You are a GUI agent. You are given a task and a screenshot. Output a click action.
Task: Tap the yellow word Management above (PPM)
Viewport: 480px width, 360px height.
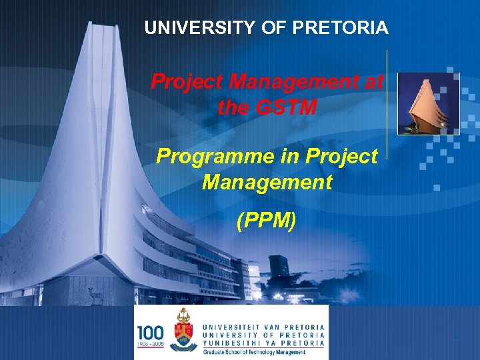pos(267,181)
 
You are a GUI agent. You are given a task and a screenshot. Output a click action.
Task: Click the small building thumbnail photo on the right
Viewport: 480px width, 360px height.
pos(428,104)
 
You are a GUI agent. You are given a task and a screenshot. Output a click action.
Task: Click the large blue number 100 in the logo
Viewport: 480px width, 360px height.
pos(150,331)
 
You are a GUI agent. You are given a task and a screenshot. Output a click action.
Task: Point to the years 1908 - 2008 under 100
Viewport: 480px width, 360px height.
pos(150,343)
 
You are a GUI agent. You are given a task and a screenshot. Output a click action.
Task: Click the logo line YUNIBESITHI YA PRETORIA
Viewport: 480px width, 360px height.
pos(263,343)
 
